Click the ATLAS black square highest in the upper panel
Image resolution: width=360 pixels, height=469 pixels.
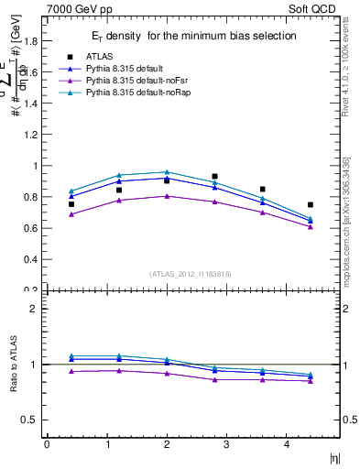[214, 176]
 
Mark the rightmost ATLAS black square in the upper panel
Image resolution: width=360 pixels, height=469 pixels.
[311, 204]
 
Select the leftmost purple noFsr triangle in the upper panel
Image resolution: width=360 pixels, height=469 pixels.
[71, 214]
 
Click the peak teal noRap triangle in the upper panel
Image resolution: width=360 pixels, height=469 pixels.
[167, 172]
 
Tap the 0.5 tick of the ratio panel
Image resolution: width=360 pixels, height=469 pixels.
[30, 420]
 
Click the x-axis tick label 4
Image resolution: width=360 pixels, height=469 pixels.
[287, 444]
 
